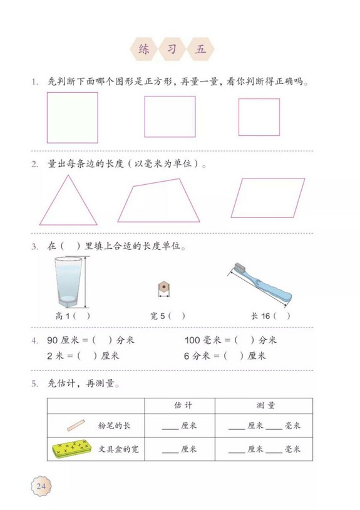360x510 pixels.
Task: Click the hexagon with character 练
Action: click(x=143, y=49)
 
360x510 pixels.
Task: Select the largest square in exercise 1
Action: click(x=73, y=118)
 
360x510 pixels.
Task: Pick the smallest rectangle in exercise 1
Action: click(x=259, y=117)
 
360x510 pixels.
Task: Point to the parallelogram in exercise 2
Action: click(x=268, y=197)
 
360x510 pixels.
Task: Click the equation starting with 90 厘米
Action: click(x=91, y=340)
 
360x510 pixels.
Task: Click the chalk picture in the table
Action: click(x=75, y=425)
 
